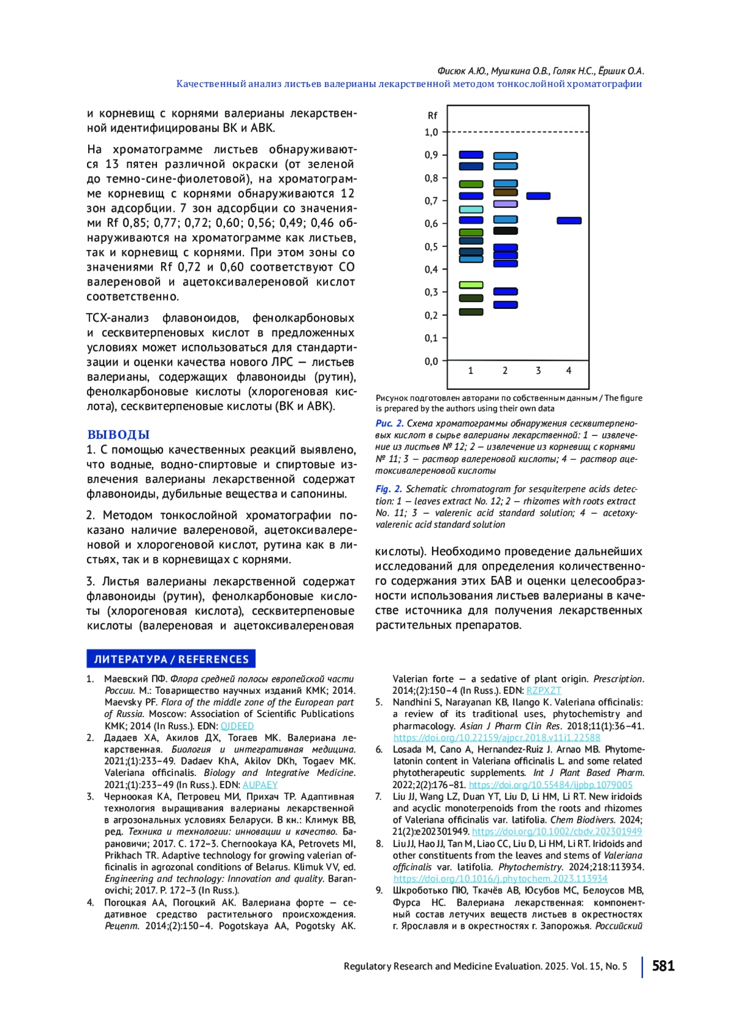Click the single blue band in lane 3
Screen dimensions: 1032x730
pos(538,196)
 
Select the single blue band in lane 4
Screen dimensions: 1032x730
pos(569,221)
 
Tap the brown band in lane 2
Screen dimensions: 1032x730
pos(505,193)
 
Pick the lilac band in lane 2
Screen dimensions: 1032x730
pos(505,204)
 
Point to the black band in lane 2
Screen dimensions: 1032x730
pos(505,231)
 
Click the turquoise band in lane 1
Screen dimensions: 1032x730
pos(471,209)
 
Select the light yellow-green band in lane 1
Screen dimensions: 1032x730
pos(471,285)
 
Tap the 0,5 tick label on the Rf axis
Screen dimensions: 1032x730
pos(431,247)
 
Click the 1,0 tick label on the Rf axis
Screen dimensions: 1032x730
pos(431,133)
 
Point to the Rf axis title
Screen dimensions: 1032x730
pos(432,116)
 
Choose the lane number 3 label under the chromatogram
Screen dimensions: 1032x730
pos(538,370)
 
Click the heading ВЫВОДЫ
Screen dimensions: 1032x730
pos(118,435)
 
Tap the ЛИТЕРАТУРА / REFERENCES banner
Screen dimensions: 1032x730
pos(171,659)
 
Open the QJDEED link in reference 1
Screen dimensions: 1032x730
pos(237,726)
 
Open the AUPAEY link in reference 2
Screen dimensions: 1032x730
pos(260,785)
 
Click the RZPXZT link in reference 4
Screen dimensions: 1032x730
pos(543,691)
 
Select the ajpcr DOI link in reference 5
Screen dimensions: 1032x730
pos(496,738)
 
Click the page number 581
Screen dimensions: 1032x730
pos(663,966)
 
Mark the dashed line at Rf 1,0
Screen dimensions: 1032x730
pos(517,132)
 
